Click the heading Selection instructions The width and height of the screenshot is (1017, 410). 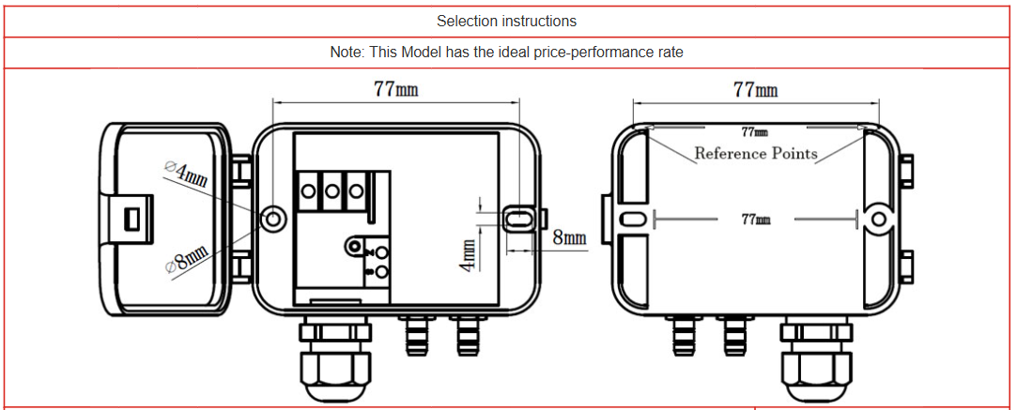tap(506, 21)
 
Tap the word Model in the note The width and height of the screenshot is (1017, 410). tap(422, 53)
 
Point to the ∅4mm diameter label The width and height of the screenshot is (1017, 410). tap(187, 175)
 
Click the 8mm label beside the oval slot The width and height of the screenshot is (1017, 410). tap(569, 237)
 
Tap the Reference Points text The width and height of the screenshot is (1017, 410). tap(755, 153)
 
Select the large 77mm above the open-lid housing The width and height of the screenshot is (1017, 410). tap(395, 89)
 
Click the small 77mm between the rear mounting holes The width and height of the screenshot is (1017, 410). tap(756, 219)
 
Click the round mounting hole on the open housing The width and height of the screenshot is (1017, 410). tap(272, 219)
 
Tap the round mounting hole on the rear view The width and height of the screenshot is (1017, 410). tap(878, 219)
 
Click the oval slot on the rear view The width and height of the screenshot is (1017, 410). tap(634, 219)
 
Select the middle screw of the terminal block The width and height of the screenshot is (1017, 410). tap(331, 190)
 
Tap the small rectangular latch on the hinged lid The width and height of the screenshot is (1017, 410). tap(131, 218)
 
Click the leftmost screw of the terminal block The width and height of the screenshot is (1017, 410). tap(309, 190)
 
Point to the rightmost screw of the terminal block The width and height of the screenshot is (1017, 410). tap(355, 190)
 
